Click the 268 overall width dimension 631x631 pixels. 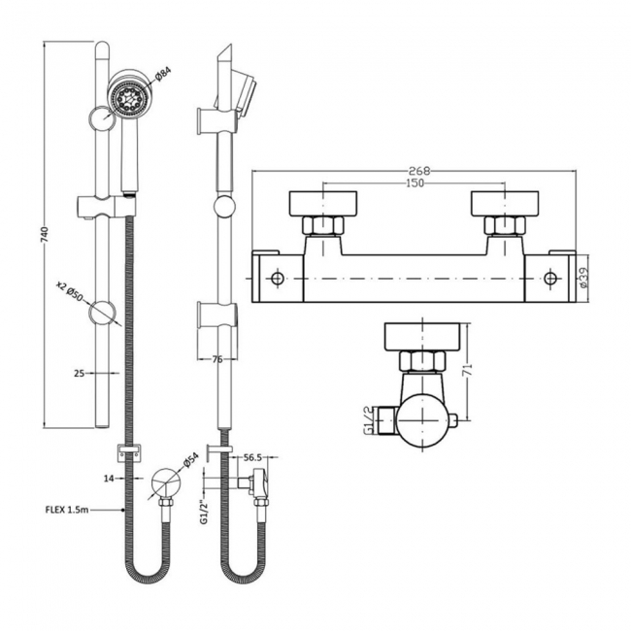point(417,171)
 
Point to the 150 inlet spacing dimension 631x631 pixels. point(415,183)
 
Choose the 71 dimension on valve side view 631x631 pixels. point(469,371)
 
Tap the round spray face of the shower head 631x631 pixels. point(124,97)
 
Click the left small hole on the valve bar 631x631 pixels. point(279,279)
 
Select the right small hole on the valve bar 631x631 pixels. point(550,279)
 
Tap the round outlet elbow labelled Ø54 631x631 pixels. point(165,482)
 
